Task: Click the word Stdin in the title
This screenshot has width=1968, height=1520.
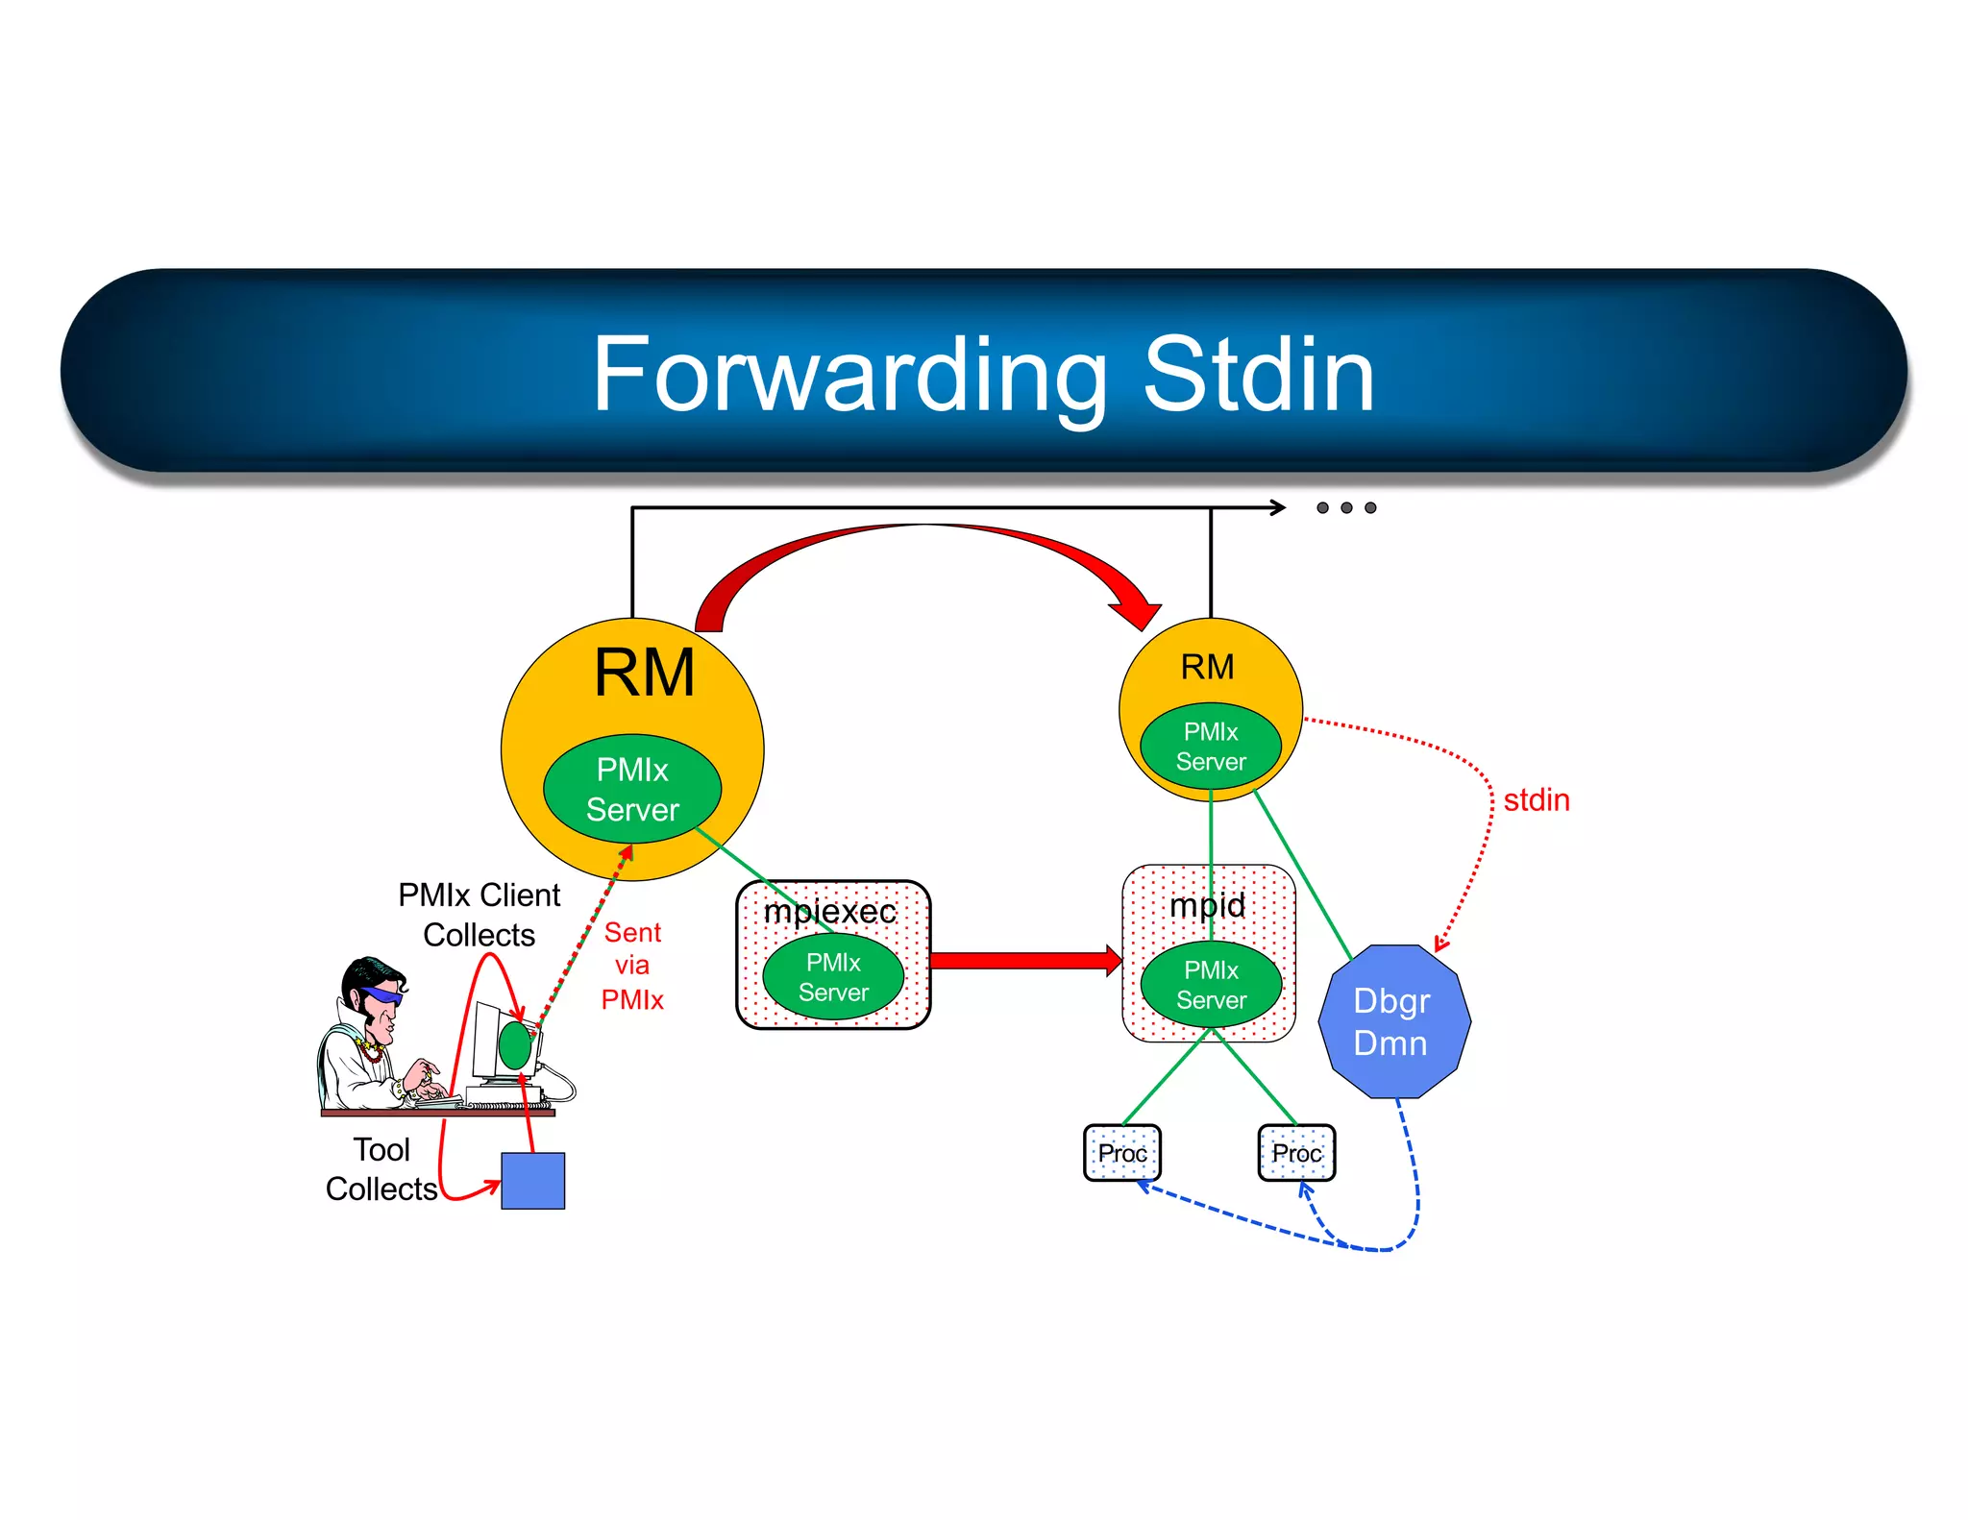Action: (x=1258, y=376)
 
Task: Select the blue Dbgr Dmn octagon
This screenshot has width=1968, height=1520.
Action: (x=1394, y=1021)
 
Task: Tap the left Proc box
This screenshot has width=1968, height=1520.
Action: (x=1122, y=1153)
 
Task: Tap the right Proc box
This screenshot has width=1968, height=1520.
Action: (x=1296, y=1153)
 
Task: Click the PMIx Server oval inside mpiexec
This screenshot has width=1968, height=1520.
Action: (x=833, y=977)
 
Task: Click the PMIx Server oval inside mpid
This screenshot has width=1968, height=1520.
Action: (x=1211, y=985)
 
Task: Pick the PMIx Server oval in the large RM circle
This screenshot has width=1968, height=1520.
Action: (x=632, y=789)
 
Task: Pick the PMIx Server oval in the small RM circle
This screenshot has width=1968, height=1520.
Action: (x=1211, y=747)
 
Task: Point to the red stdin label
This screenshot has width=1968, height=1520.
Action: (x=1536, y=800)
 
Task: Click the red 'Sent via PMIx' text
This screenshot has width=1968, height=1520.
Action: (x=632, y=966)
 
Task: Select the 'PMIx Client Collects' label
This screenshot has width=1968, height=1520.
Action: (x=479, y=915)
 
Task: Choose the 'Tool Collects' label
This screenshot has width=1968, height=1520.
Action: (x=381, y=1169)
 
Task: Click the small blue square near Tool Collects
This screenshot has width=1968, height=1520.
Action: (x=533, y=1181)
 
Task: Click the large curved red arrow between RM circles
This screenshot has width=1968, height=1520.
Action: (x=922, y=538)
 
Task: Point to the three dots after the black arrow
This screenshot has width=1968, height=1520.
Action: (x=1346, y=507)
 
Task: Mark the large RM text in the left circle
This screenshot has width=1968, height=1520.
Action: (x=644, y=673)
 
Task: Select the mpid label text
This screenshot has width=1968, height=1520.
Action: (x=1207, y=905)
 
